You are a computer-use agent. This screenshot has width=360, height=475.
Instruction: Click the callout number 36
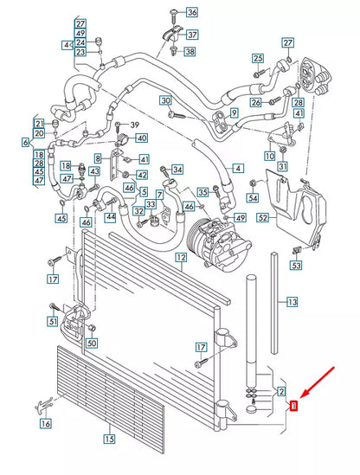[191, 12]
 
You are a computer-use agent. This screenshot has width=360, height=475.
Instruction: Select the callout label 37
[191, 35]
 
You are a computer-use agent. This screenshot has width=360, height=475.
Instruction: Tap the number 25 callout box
[257, 59]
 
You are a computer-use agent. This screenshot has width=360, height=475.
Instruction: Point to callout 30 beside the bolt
[164, 102]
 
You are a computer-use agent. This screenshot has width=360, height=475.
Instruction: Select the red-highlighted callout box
[294, 405]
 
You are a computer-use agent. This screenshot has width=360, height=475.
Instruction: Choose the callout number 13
[292, 302]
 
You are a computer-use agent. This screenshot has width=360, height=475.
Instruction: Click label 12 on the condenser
[181, 258]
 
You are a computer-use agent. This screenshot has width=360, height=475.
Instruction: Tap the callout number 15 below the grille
[109, 439]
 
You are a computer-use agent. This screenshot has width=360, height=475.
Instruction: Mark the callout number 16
[45, 424]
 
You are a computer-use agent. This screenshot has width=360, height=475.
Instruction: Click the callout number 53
[297, 265]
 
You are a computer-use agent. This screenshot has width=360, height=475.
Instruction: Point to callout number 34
[177, 169]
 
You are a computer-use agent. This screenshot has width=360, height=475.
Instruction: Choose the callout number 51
[53, 323]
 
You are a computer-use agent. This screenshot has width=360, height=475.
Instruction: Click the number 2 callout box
[282, 393]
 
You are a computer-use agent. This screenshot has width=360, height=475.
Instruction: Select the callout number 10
[270, 155]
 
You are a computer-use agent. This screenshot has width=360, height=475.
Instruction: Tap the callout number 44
[110, 217]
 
